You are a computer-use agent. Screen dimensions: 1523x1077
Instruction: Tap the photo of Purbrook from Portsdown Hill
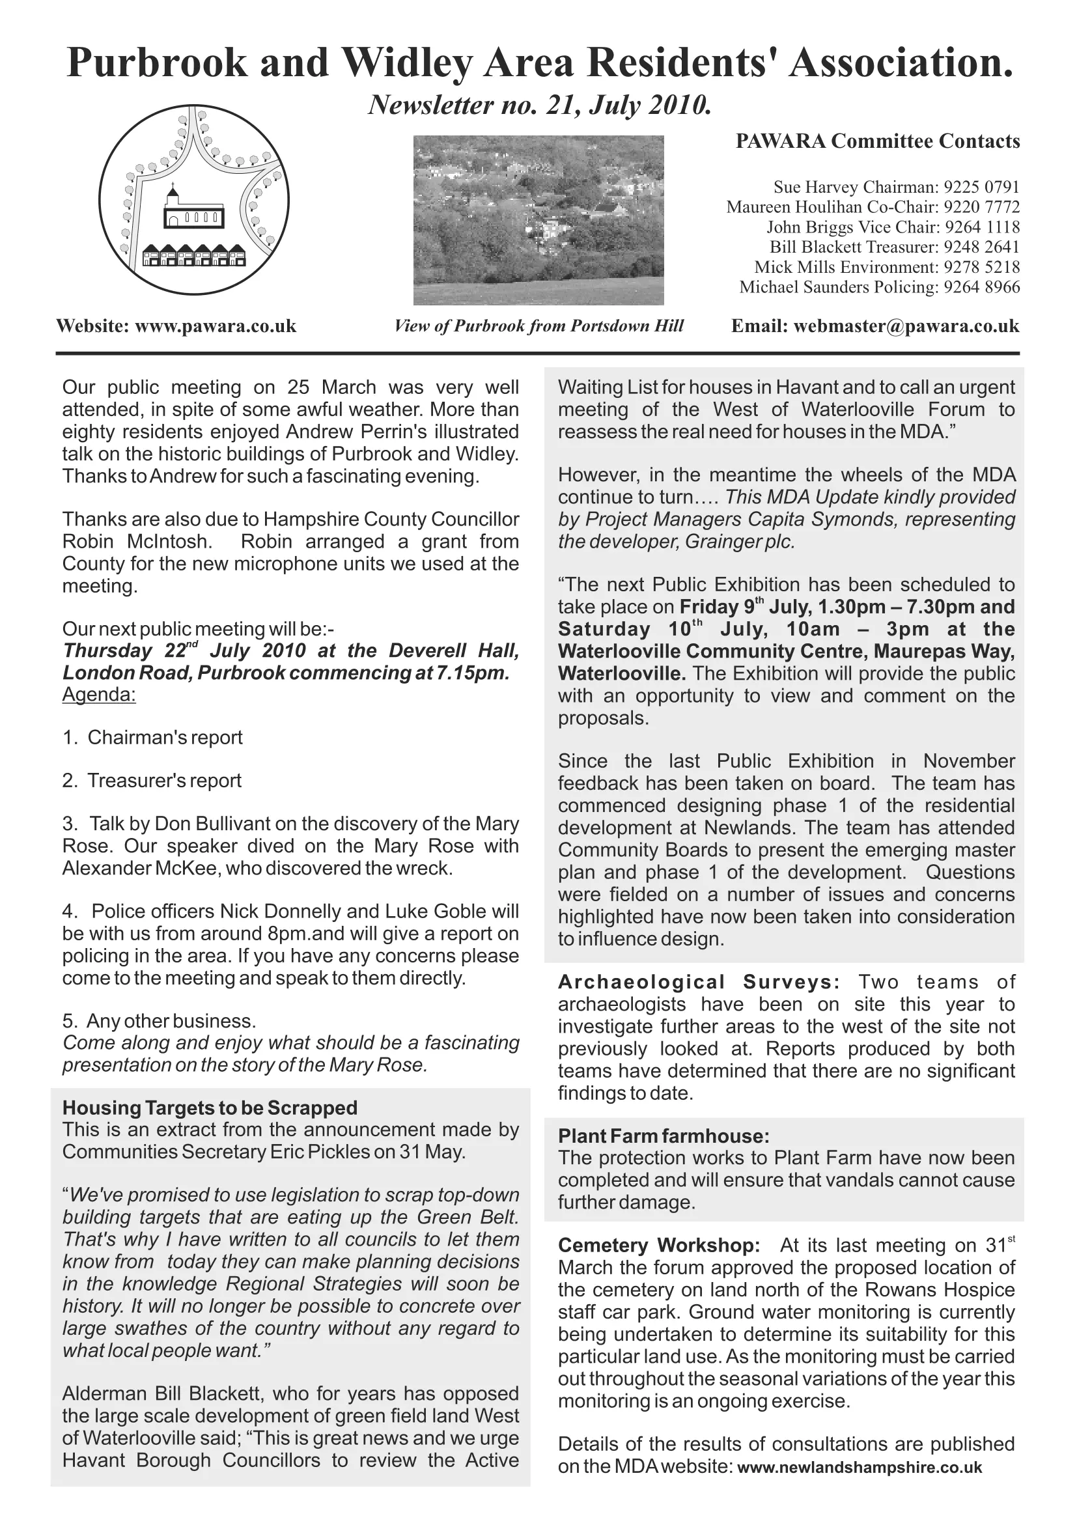538,220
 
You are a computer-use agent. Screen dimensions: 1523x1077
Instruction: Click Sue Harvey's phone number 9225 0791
981,188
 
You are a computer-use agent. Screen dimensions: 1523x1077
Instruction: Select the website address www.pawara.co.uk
216,326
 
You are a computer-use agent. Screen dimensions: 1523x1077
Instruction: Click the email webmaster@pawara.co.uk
906,326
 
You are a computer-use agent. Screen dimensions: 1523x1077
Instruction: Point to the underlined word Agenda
99,695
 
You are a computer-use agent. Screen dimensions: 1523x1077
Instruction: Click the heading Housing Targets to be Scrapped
210,1108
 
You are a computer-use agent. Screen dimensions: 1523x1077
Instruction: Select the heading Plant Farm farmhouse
663,1136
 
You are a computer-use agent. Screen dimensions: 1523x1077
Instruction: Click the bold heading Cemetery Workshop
658,1246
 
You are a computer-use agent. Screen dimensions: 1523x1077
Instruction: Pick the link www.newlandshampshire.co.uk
860,1467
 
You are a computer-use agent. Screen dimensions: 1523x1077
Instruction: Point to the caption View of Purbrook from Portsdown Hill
538,326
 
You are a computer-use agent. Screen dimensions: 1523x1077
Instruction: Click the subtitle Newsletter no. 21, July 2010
539,105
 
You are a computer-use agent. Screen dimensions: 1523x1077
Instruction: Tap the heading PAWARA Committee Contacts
877,141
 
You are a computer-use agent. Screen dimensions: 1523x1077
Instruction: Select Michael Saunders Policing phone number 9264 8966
981,287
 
